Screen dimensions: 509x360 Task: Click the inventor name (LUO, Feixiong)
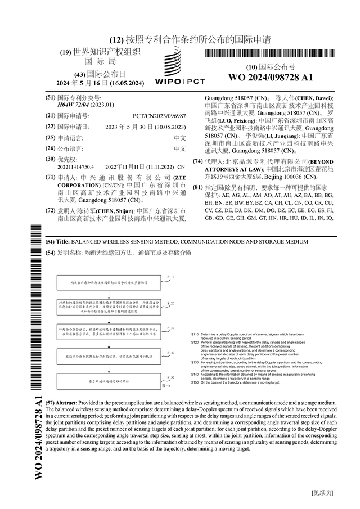[224, 120]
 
